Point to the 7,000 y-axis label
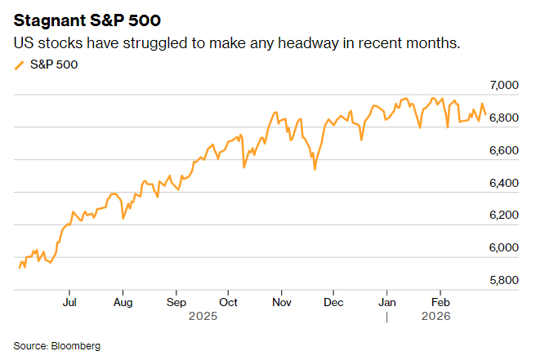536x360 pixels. click(505, 85)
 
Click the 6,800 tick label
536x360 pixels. click(505, 118)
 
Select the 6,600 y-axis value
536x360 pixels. click(505, 150)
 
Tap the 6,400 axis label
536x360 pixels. click(505, 183)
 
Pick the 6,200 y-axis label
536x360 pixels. click(505, 215)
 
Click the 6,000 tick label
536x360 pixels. click(505, 247)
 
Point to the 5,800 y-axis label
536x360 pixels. click(505, 280)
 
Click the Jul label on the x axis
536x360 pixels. click(69, 301)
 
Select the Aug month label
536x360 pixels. click(123, 301)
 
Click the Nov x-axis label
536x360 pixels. click(281, 301)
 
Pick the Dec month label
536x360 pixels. click(333, 301)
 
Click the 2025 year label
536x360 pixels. click(203, 314)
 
